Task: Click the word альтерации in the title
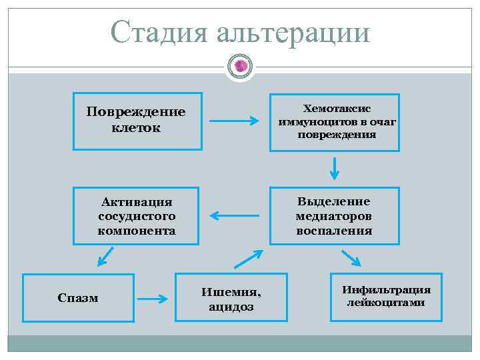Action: (293, 32)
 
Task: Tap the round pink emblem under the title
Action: (241, 66)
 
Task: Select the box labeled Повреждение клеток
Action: (137, 121)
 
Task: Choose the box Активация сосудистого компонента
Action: (137, 216)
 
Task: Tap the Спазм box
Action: (78, 298)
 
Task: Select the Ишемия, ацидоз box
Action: (231, 298)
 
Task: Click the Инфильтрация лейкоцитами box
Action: (386, 297)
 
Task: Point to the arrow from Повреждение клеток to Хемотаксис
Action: (234, 121)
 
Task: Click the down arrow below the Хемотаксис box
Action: (335, 168)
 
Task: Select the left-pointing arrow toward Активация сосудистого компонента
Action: (234, 215)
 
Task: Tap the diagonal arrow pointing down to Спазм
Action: (105, 256)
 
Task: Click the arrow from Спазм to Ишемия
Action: (153, 299)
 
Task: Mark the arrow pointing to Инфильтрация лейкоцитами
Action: (351, 257)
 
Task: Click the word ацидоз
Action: (231, 307)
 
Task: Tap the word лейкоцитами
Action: (386, 303)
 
